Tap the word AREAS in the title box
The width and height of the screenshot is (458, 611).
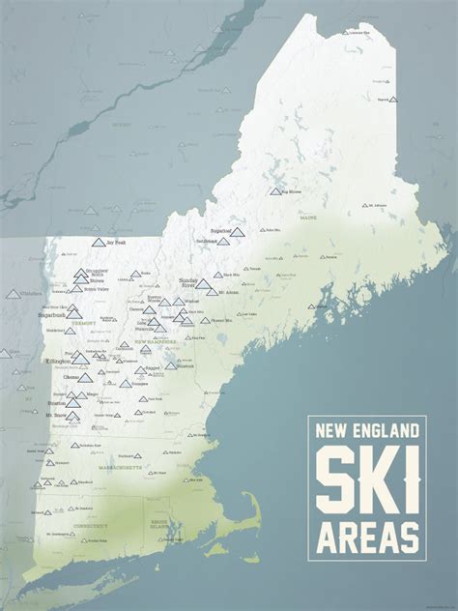coord(367,534)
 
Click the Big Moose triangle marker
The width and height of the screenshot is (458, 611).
coord(275,191)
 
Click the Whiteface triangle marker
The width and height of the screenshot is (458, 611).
coord(12,292)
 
